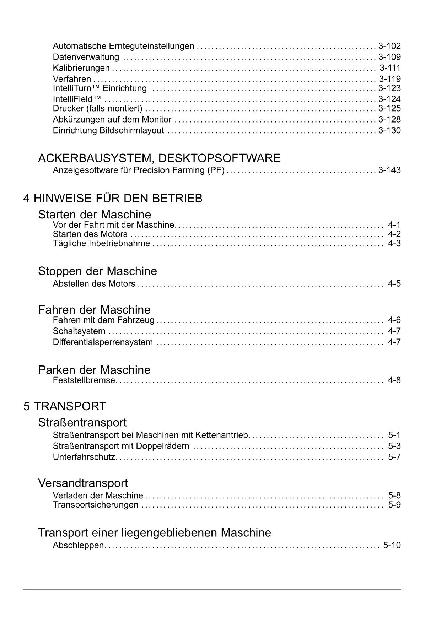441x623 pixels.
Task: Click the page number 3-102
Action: [389, 46]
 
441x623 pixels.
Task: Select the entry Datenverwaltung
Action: [86, 57]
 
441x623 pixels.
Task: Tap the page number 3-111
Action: [390, 68]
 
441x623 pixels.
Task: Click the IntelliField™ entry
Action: [77, 99]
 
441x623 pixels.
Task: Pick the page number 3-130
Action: [389, 131]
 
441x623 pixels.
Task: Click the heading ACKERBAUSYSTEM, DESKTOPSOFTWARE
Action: [159, 158]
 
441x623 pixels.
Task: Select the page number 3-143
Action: [389, 170]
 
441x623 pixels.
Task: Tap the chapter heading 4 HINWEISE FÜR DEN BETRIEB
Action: [113, 198]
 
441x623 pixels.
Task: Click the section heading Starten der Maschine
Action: [95, 215]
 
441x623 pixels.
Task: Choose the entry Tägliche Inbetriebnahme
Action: [101, 244]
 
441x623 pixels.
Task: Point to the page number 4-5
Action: [394, 284]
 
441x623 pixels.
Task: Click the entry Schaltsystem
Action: [79, 331]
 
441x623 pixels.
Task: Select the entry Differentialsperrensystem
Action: [103, 342]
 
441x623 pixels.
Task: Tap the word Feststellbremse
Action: [84, 380]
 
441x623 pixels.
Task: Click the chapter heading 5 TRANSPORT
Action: [65, 406]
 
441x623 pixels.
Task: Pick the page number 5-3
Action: [394, 446]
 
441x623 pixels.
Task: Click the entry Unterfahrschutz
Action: [84, 457]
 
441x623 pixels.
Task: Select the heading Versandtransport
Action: [83, 483]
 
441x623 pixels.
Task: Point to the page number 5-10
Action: [392, 545]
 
